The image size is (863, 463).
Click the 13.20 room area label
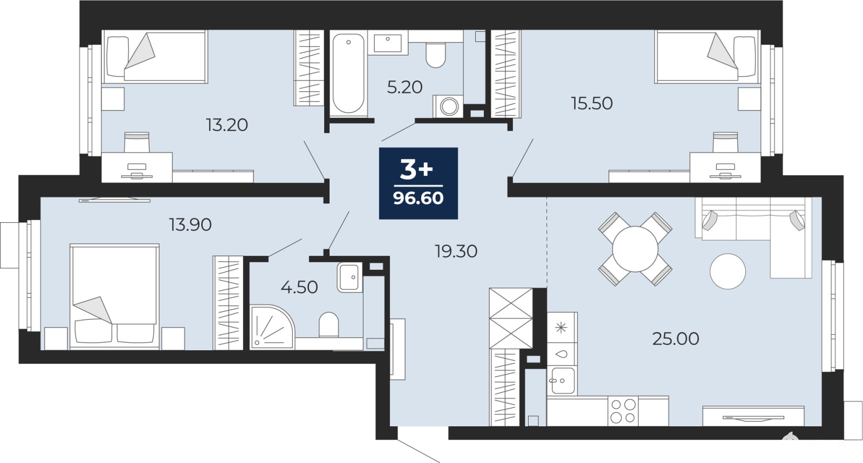pos(227,125)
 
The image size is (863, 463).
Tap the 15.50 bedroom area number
pos(592,104)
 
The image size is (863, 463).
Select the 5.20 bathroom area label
pos(405,87)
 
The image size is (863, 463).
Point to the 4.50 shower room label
pos(299,287)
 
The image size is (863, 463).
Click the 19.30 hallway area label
pos(456,251)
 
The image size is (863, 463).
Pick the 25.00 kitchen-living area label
pos(676,339)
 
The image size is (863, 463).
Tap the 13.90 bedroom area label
pos(190,224)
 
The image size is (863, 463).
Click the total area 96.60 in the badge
pos(419,198)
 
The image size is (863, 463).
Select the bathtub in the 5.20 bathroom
pos(348,73)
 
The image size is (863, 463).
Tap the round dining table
pos(635,249)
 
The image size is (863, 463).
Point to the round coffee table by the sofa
pos(728,271)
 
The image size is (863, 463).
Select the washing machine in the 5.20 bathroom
pos(448,106)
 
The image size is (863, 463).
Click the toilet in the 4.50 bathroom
pos(328,324)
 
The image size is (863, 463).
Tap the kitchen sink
pos(563,380)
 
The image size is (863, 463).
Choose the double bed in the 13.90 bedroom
pos(114,296)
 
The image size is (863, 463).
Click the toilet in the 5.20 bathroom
pos(436,55)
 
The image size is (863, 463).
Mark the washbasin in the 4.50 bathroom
pos(350,277)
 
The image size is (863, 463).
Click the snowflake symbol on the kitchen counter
pos(561,328)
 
